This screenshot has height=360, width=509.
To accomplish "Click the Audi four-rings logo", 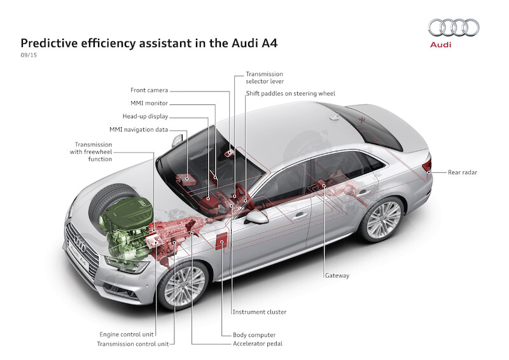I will [x=454, y=27].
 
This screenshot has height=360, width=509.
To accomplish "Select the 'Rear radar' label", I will [x=463, y=172].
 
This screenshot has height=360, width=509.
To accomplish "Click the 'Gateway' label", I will [x=337, y=275].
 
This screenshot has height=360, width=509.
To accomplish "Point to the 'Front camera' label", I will [x=150, y=90].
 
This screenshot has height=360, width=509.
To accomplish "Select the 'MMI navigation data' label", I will [x=139, y=130].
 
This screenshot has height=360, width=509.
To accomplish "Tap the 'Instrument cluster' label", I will [x=259, y=312].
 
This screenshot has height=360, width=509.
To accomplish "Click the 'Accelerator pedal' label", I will [x=257, y=343].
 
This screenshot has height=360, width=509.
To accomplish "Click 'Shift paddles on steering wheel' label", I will [x=290, y=93].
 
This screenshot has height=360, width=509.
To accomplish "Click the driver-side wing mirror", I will [x=257, y=218].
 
